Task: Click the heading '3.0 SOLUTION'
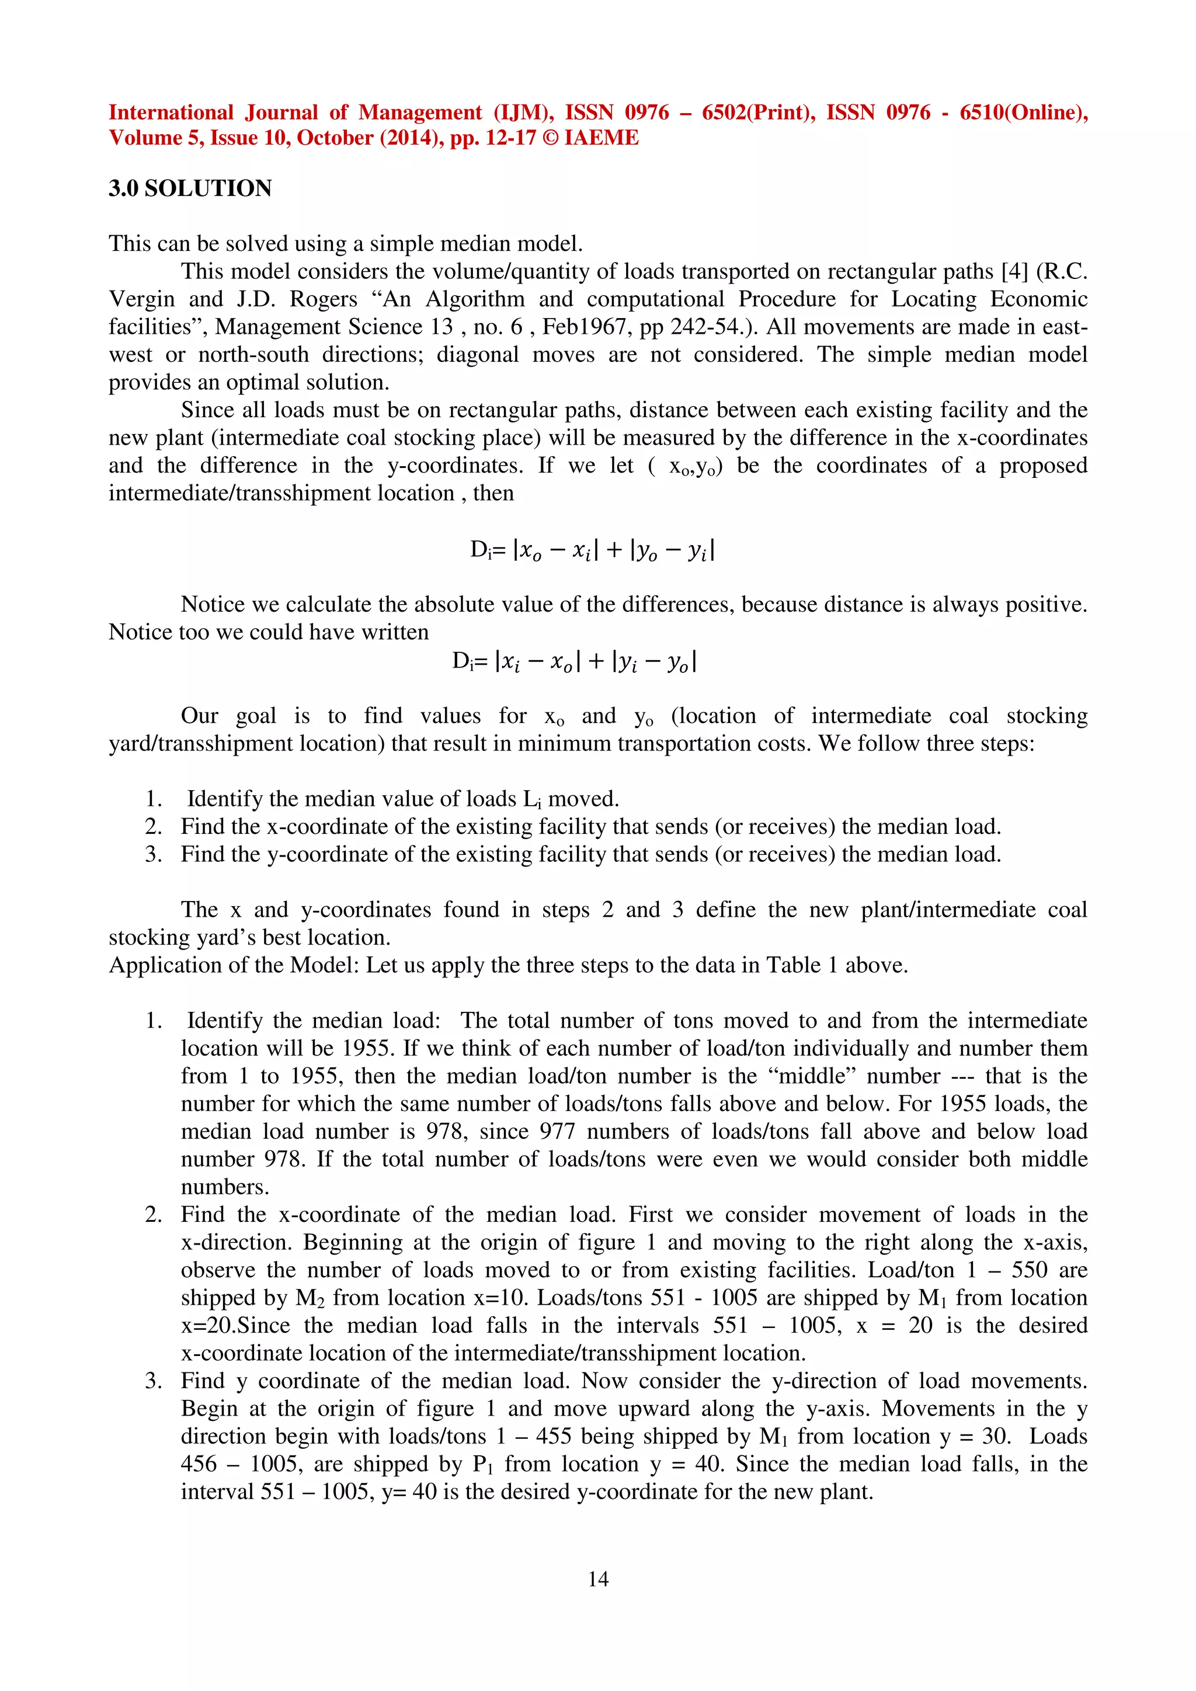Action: (190, 188)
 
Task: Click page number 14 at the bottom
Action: (597, 1578)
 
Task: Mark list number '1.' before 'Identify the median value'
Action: (153, 799)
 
